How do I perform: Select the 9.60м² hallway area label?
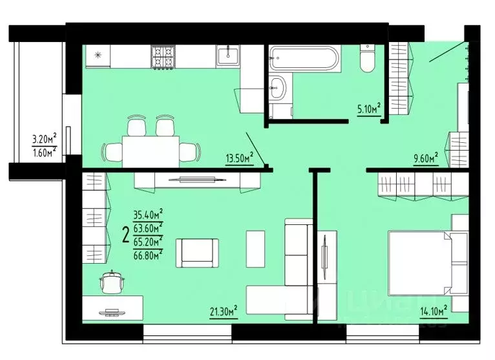tap(425, 156)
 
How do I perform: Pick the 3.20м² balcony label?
tap(44, 138)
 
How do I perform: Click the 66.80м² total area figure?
tap(147, 253)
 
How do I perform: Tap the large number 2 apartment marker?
tap(125, 234)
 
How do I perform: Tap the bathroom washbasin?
tap(278, 87)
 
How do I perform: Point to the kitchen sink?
tap(227, 56)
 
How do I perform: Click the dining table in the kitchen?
tap(151, 151)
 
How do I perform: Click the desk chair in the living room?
tap(114, 282)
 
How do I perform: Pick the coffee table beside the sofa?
tap(257, 249)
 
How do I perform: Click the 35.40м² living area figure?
tap(147, 214)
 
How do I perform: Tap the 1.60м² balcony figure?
tap(44, 152)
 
